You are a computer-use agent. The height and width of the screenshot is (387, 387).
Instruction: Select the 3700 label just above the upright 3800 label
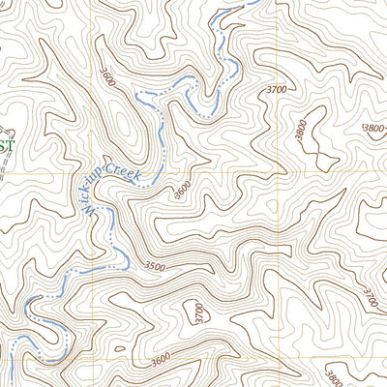click(x=275, y=89)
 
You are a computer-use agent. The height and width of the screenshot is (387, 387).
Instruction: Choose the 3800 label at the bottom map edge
click(x=334, y=376)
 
